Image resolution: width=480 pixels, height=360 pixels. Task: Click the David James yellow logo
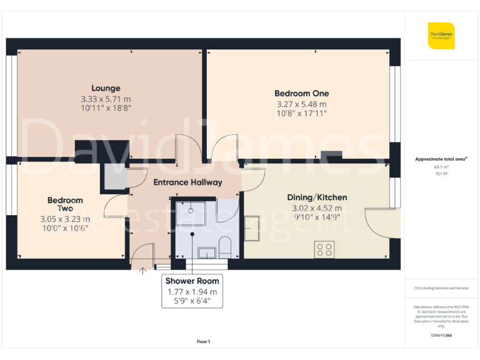441,36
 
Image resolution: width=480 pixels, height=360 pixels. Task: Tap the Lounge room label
106,88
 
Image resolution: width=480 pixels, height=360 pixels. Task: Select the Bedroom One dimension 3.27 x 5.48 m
301,104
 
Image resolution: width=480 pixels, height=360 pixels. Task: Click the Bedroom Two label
65,204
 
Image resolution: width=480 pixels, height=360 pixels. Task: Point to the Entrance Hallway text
187,182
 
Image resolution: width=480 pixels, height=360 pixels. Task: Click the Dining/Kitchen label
317,197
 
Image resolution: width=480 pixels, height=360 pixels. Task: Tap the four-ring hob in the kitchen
325,249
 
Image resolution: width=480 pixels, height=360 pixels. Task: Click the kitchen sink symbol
252,227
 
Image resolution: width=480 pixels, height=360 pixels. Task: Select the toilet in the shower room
225,246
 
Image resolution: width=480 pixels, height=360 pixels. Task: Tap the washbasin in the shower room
206,252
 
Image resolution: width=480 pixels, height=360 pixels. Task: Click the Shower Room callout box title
192,281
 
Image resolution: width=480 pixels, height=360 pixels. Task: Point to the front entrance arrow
142,270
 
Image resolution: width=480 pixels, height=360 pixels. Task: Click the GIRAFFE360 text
441,336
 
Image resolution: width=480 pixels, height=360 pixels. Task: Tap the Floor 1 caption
204,341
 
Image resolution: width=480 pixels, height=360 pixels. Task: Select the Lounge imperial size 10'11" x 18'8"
106,107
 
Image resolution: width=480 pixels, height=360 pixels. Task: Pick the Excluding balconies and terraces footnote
441,288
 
